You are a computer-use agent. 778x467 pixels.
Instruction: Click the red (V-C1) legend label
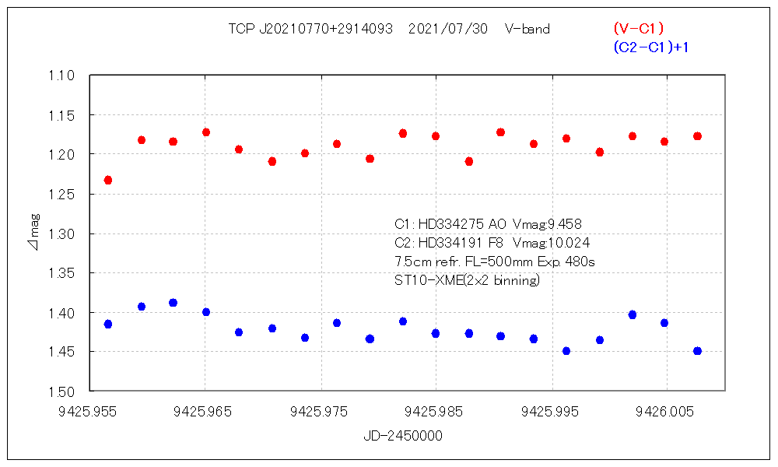pos(639,28)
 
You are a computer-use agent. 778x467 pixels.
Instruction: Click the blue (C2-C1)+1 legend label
pos(651,47)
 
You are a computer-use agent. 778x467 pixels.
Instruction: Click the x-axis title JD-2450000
pos(403,437)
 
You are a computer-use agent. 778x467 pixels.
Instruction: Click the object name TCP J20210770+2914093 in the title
pos(310,29)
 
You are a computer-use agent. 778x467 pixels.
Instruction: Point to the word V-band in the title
pos(527,29)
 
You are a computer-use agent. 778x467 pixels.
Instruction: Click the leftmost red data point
pos(108,181)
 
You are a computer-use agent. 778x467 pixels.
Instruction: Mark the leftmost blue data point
pos(108,324)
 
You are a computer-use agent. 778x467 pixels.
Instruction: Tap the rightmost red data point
pos(698,136)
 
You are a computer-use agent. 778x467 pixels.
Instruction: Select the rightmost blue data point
pos(698,351)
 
